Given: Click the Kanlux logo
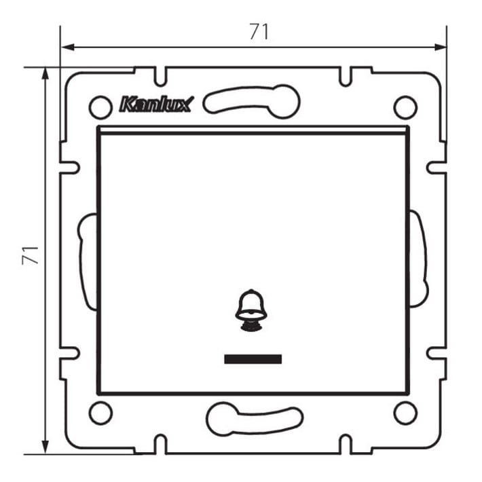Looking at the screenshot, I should tap(155, 105).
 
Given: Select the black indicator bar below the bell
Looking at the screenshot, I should tap(253, 358).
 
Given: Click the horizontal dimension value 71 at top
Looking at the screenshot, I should tap(259, 31).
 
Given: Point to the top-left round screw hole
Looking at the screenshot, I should tap(100, 107).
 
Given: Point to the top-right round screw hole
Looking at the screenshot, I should tap(405, 107).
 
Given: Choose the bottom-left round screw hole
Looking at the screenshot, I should tap(100, 412).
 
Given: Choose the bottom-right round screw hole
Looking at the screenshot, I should tap(405, 412).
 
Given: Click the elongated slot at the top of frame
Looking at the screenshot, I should tap(252, 101).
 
